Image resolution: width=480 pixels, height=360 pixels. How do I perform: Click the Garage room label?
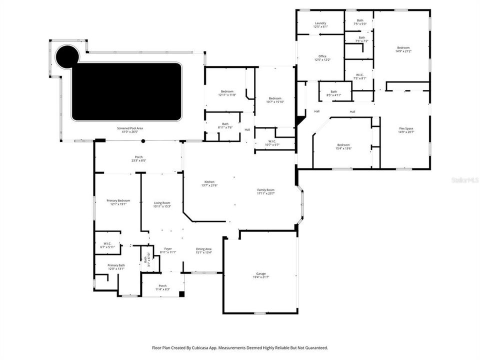pyautogui.click(x=260, y=273)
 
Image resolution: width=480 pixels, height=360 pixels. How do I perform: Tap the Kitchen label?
pyautogui.click(x=209, y=181)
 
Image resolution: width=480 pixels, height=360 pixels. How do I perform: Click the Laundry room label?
pyautogui.click(x=320, y=23)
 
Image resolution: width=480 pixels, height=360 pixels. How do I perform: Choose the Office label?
pyautogui.click(x=322, y=56)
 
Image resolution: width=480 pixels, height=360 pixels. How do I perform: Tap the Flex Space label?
pyautogui.click(x=405, y=128)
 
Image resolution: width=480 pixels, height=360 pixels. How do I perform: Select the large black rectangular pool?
pyautogui.click(x=126, y=91)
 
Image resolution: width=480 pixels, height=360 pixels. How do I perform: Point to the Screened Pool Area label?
pyautogui.click(x=130, y=128)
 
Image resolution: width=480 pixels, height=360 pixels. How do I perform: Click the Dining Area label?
pyautogui.click(x=203, y=249)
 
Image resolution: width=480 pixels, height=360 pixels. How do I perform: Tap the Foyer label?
pyautogui.click(x=168, y=249)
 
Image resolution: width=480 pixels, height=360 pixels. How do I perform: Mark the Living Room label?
pyautogui.click(x=162, y=202)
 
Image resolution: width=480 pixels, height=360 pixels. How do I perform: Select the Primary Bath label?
pyautogui.click(x=116, y=265)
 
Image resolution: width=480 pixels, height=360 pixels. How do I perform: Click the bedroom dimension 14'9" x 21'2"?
pyautogui.click(x=405, y=51)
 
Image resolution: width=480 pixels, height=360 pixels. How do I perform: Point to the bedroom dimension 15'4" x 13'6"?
pyautogui.click(x=343, y=148)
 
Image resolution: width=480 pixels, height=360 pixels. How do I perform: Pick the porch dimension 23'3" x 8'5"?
pyautogui.click(x=137, y=160)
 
